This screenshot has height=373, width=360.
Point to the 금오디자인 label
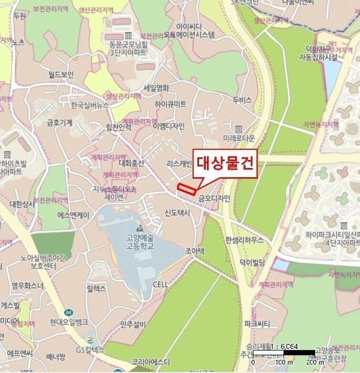(215, 198)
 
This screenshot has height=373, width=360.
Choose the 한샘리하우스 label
(244, 239)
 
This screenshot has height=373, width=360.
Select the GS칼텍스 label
(88, 350)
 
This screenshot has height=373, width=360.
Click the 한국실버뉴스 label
(90, 105)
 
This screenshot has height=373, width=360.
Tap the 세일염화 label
(156, 88)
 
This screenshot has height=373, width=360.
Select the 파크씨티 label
(257, 324)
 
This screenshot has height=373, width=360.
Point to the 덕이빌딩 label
(253, 262)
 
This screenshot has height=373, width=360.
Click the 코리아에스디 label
(151, 361)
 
